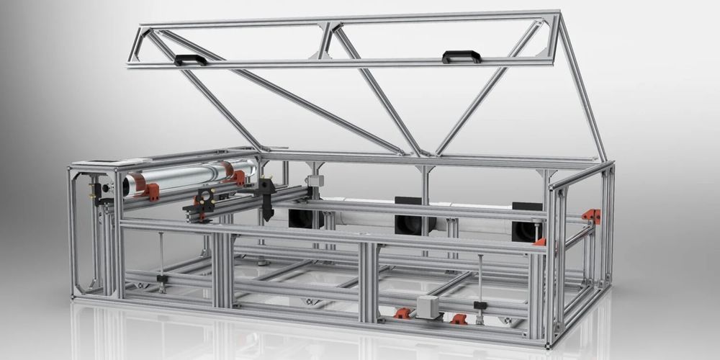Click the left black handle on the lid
click(190, 59)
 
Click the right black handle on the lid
click(462, 55)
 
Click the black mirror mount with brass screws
click(204, 201)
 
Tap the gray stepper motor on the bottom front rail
click(428, 305)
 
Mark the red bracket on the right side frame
click(591, 215)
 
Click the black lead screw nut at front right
click(479, 305)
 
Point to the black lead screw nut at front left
click(162, 278)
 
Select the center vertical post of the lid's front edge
click(329, 42)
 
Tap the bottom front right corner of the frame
click(550, 344)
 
